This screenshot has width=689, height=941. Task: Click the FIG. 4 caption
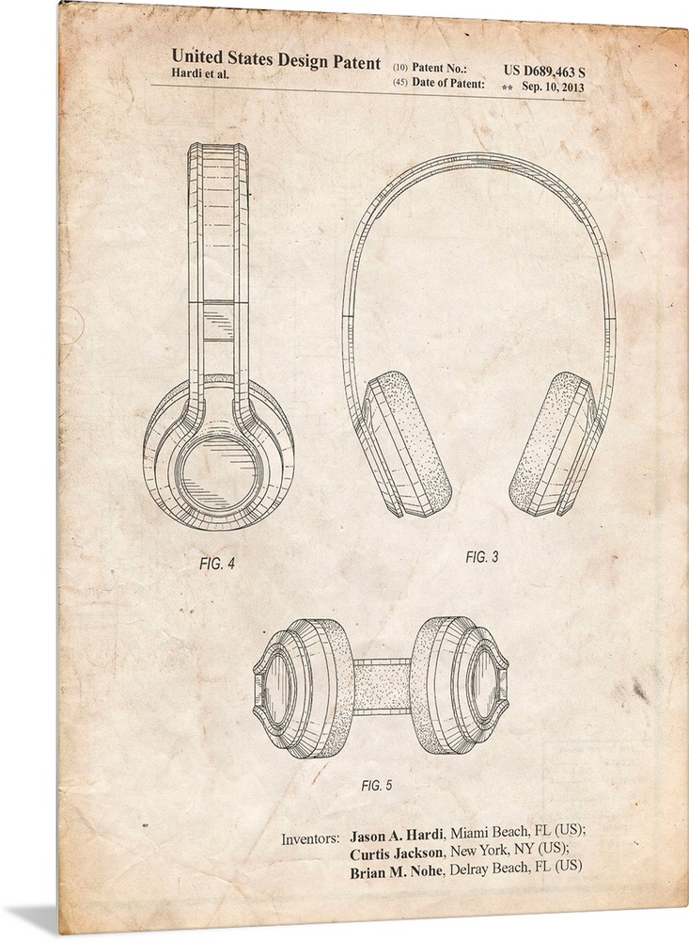pyautogui.click(x=216, y=564)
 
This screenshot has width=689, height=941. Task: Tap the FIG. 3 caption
pyautogui.click(x=481, y=557)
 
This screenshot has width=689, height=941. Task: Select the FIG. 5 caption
pyautogui.click(x=377, y=785)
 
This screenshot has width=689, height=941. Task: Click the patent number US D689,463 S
pyautogui.click(x=544, y=72)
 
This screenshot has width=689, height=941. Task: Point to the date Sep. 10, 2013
pyautogui.click(x=553, y=87)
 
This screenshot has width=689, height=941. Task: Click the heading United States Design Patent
pyautogui.click(x=276, y=60)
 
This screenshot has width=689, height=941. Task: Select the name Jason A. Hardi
pyautogui.click(x=397, y=834)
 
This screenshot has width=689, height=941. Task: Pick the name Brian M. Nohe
pyautogui.click(x=393, y=868)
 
